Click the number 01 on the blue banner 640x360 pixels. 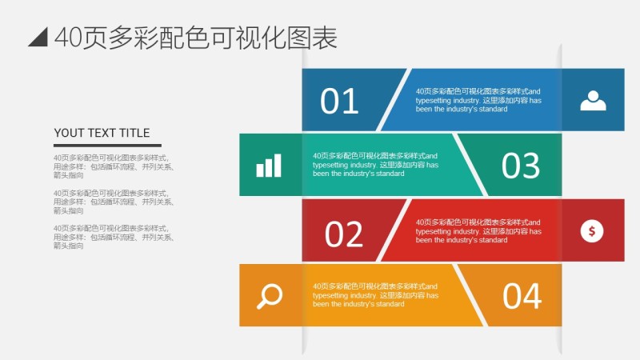click(340, 102)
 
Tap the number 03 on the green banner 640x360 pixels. click(521, 166)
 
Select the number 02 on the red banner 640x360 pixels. click(344, 234)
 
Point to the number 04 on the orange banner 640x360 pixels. click(522, 296)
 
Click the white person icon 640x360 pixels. click(593, 100)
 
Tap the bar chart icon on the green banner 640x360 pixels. click(269, 166)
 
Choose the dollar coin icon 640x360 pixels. click(592, 231)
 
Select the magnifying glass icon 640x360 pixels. click(270, 296)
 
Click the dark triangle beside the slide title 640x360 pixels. click(38, 37)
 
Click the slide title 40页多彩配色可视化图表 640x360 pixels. click(195, 38)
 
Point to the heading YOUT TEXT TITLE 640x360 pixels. click(102, 133)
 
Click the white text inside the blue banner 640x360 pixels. click(478, 100)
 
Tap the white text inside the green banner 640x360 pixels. click(375, 164)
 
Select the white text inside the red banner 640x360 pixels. click(478, 230)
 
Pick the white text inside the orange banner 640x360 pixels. click(375, 294)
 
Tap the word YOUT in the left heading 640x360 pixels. click(67, 133)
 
